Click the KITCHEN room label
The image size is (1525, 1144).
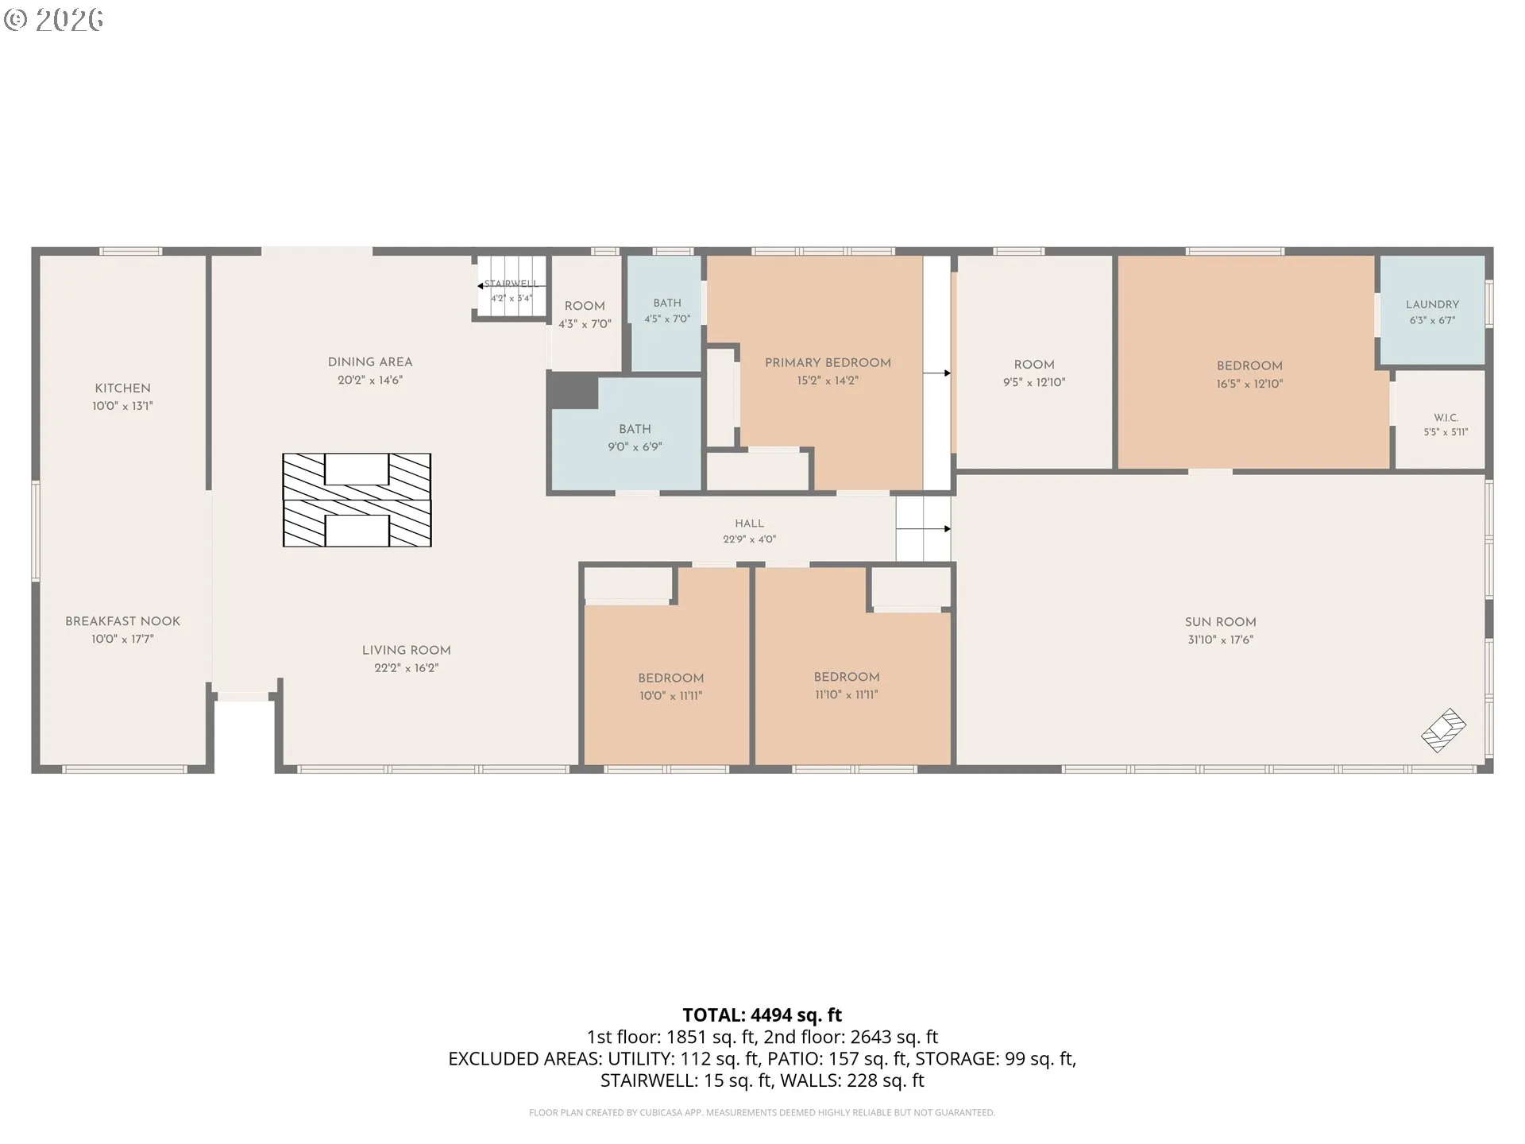(122, 388)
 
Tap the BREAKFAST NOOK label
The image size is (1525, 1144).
(122, 621)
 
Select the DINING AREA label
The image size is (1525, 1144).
(370, 362)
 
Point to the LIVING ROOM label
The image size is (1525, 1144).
(406, 651)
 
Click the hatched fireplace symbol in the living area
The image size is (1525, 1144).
(357, 500)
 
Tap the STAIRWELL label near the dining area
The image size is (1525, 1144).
(512, 284)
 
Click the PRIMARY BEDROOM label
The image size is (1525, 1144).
(828, 363)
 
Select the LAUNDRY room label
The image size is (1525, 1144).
(1432, 304)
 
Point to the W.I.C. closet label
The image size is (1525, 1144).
(1446, 418)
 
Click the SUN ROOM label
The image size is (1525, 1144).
(1220, 622)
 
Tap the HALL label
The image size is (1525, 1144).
(749, 524)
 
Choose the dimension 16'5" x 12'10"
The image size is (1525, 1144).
(1249, 384)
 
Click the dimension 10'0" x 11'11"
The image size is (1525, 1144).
(670, 696)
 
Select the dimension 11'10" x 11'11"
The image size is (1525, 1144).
(846, 694)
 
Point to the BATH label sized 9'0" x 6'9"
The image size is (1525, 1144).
(635, 429)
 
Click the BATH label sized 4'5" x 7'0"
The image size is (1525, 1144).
(667, 303)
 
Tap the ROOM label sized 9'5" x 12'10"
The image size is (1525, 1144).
(1034, 365)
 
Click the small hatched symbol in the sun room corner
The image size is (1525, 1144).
(1443, 730)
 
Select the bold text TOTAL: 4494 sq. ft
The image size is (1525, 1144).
(762, 1015)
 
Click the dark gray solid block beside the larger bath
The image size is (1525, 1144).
(573, 392)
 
